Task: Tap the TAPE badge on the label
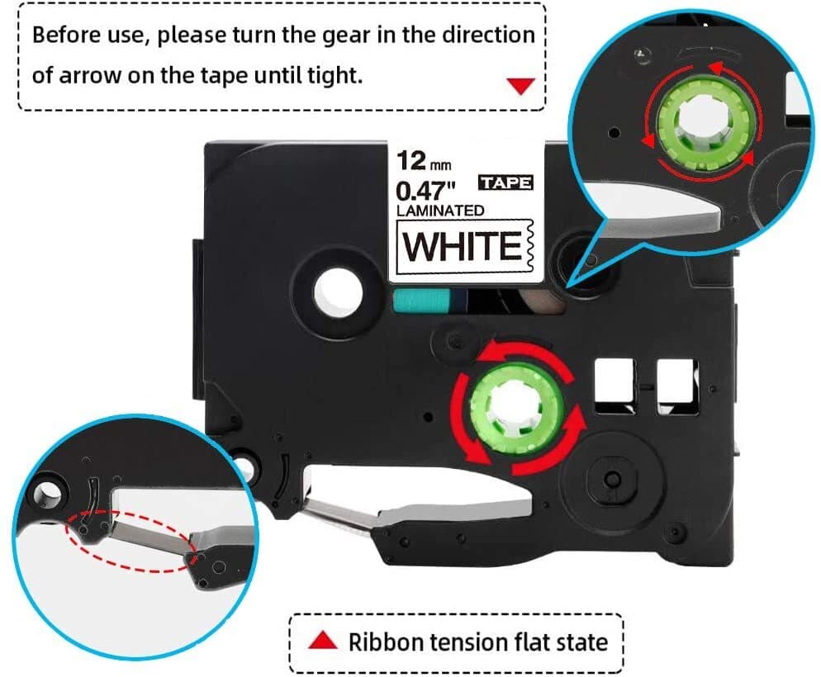click(505, 182)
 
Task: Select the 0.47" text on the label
click(425, 189)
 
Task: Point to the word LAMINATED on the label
click(440, 211)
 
